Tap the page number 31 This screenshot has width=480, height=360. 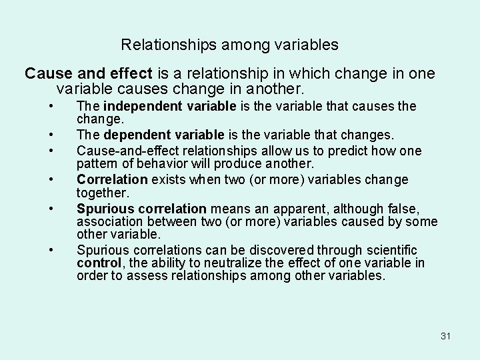pyautogui.click(x=446, y=335)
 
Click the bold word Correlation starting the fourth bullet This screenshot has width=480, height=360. pyautogui.click(x=112, y=180)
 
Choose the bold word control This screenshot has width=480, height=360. pyautogui.click(x=98, y=263)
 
